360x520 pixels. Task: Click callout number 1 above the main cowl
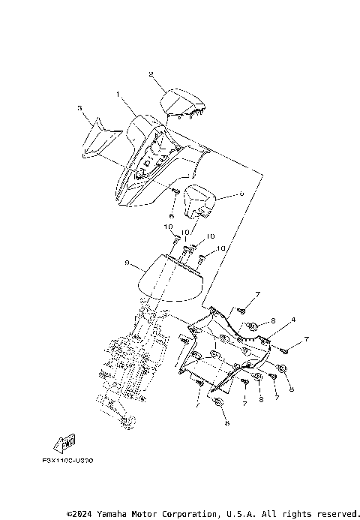click(x=118, y=95)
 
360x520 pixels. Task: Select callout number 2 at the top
click(x=151, y=74)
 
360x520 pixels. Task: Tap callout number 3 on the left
click(x=79, y=108)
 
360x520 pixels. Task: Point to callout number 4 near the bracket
click(x=293, y=320)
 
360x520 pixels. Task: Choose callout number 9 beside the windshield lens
click(x=127, y=263)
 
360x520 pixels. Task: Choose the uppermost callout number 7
click(x=257, y=293)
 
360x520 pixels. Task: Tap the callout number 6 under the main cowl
click(x=172, y=215)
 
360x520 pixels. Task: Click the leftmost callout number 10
click(x=169, y=227)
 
